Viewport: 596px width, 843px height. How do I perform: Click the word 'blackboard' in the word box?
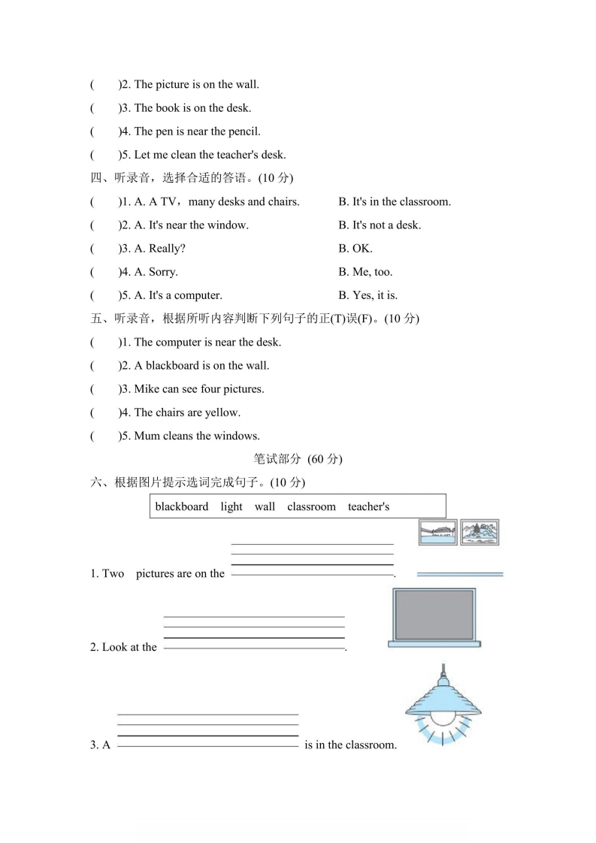pyautogui.click(x=182, y=506)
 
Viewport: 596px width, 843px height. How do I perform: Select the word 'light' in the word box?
pyautogui.click(x=231, y=506)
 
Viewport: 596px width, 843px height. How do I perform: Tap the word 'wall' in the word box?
pyautogui.click(x=265, y=506)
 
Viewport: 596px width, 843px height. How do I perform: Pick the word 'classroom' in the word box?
pyautogui.click(x=311, y=506)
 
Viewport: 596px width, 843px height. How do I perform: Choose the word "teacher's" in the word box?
pyautogui.click(x=368, y=506)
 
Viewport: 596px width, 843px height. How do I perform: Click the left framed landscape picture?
pyautogui.click(x=437, y=532)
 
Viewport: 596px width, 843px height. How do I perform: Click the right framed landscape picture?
pyautogui.click(x=480, y=532)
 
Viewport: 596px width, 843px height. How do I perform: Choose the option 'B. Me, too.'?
pyautogui.click(x=365, y=272)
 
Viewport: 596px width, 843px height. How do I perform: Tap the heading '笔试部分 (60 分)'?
pyautogui.click(x=298, y=459)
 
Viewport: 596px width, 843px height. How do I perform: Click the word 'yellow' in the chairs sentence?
pyautogui.click(x=222, y=412)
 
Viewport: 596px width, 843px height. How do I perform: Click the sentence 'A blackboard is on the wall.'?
pyautogui.click(x=201, y=366)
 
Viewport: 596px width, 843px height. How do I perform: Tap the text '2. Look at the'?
pyautogui.click(x=123, y=647)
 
